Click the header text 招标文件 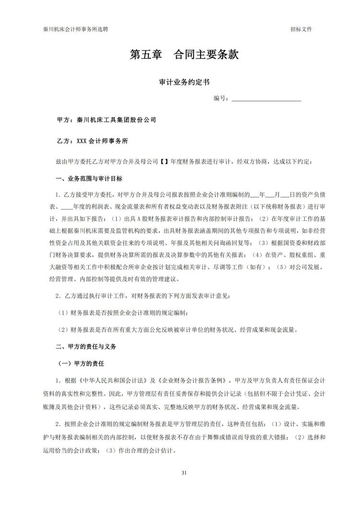301,29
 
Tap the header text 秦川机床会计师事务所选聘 75,29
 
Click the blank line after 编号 266,99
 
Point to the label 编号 220,98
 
